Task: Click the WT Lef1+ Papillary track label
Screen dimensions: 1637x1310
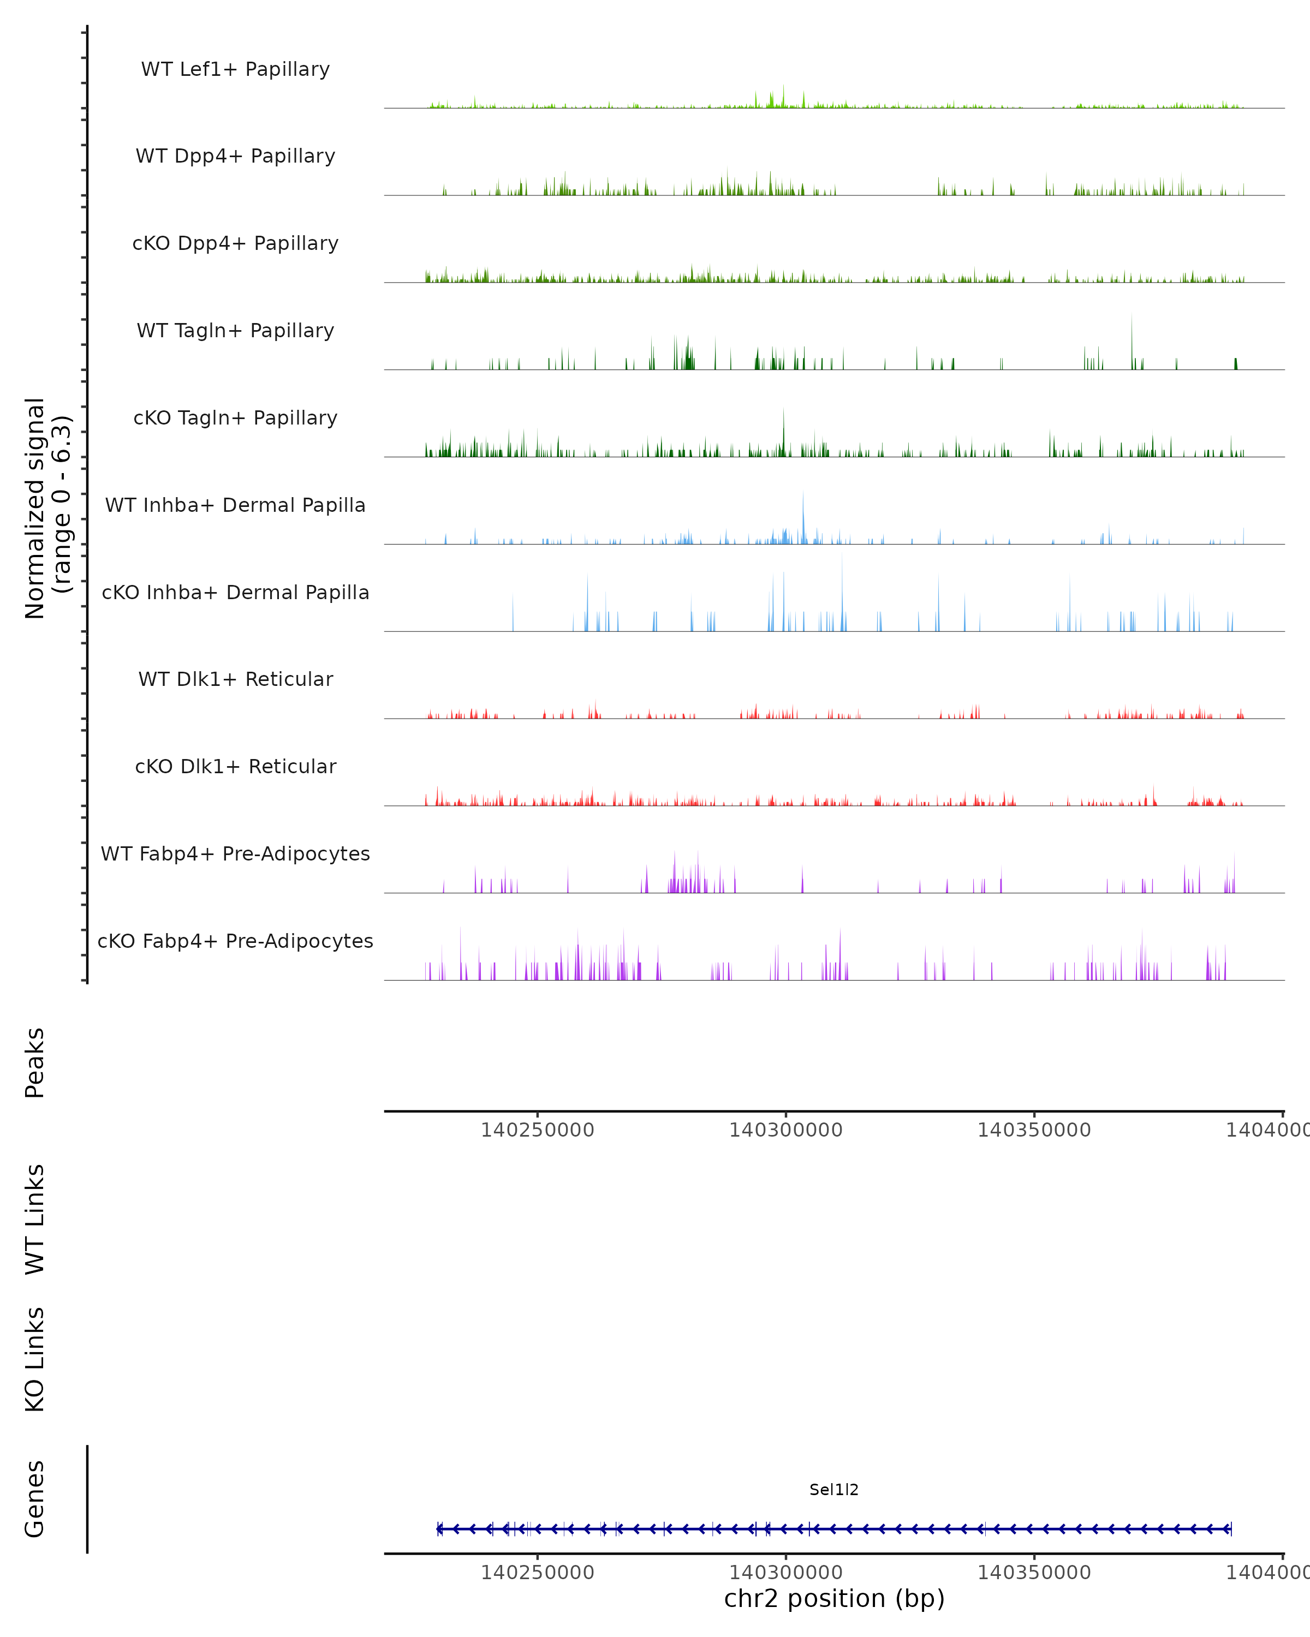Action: coord(235,69)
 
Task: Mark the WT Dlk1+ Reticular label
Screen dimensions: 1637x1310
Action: coord(235,679)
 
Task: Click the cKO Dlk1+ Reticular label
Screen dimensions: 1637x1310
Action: coord(235,766)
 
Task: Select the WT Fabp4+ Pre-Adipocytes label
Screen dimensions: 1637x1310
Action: coord(235,853)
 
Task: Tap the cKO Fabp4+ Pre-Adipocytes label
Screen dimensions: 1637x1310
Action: coord(235,941)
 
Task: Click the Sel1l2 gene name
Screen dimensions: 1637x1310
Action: coord(834,1490)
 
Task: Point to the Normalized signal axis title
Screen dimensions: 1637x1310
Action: coord(47,508)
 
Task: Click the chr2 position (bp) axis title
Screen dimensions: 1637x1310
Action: coord(834,1598)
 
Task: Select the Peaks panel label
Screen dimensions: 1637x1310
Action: coord(35,1062)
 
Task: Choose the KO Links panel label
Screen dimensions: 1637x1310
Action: coord(35,1360)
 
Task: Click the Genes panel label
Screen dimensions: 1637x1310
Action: coord(35,1499)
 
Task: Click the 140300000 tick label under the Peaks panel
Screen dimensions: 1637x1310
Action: coord(785,1130)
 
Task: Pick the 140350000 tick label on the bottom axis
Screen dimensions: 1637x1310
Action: coord(1034,1573)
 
